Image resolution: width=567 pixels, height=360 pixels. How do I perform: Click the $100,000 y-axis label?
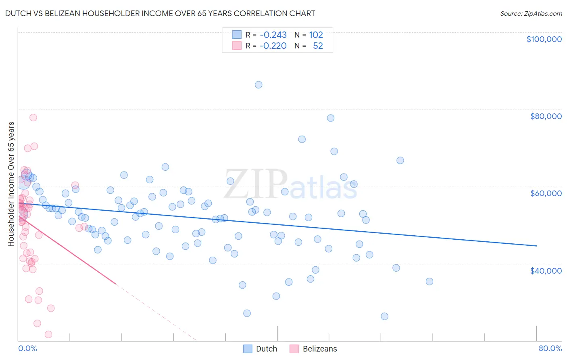[x=544, y=39]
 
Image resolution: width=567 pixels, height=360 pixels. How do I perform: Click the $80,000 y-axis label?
[x=546, y=116]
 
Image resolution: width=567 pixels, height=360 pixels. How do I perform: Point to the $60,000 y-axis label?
[x=546, y=193]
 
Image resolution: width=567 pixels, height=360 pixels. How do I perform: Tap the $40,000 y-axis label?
[x=546, y=270]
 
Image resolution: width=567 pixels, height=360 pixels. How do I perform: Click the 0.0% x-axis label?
[x=27, y=348]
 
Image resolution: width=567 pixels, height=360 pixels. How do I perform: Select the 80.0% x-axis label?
[x=550, y=348]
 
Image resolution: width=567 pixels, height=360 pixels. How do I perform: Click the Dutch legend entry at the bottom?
[x=267, y=349]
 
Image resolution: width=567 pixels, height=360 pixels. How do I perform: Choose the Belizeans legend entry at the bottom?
[x=320, y=349]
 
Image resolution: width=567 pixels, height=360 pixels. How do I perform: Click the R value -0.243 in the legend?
[x=273, y=35]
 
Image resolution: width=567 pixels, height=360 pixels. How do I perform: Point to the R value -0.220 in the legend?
[x=273, y=46]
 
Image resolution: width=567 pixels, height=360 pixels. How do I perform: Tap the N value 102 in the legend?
[x=316, y=35]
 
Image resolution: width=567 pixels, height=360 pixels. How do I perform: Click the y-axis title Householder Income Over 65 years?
[x=11, y=184]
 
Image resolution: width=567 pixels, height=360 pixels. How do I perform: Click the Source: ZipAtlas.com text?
[x=531, y=13]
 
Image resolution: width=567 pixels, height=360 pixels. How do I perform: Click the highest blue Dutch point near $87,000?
[x=258, y=85]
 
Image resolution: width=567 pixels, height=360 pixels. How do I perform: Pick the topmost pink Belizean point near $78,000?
[x=33, y=117]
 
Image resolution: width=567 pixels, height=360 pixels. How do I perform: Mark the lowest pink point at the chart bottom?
[x=48, y=334]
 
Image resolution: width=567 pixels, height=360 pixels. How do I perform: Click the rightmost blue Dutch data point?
[x=429, y=281]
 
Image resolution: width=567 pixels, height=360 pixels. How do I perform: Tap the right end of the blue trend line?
[x=536, y=245]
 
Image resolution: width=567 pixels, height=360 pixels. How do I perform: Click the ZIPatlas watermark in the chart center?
[x=290, y=184]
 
